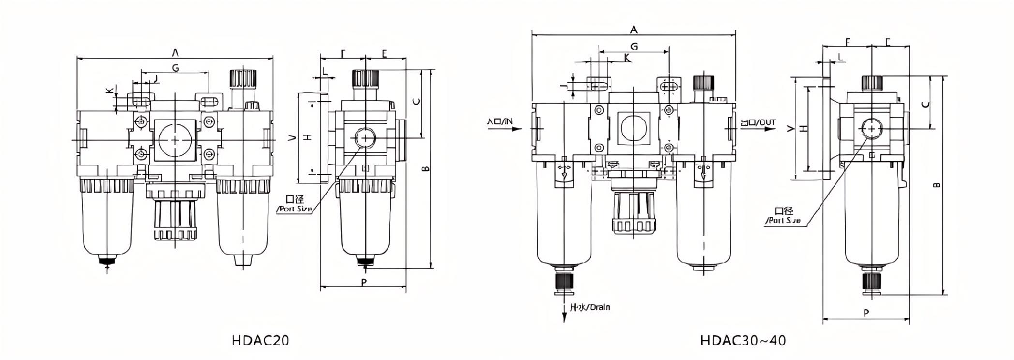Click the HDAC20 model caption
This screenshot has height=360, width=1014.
coord(260,341)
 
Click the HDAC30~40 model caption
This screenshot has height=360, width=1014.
coord(743,341)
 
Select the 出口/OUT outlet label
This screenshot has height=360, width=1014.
coord(758,122)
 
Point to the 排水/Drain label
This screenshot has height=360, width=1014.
coord(590,307)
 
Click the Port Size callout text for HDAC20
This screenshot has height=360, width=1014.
coord(294,209)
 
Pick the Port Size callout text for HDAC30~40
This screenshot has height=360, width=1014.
coord(783,221)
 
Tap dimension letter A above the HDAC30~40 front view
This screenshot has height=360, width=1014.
coord(634,30)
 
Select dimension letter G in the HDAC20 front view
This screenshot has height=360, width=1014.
coord(175,68)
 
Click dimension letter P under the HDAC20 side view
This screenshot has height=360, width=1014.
coord(364,282)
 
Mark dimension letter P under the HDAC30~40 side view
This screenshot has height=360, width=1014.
coord(866,313)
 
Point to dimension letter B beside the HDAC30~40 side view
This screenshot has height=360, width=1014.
coord(937,185)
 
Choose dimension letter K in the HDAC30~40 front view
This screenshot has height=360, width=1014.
coord(627,58)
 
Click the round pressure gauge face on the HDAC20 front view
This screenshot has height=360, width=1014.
coord(175,140)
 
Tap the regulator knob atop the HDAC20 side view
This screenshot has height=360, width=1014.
coord(365,77)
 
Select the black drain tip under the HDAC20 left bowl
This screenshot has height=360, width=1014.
coord(107,261)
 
